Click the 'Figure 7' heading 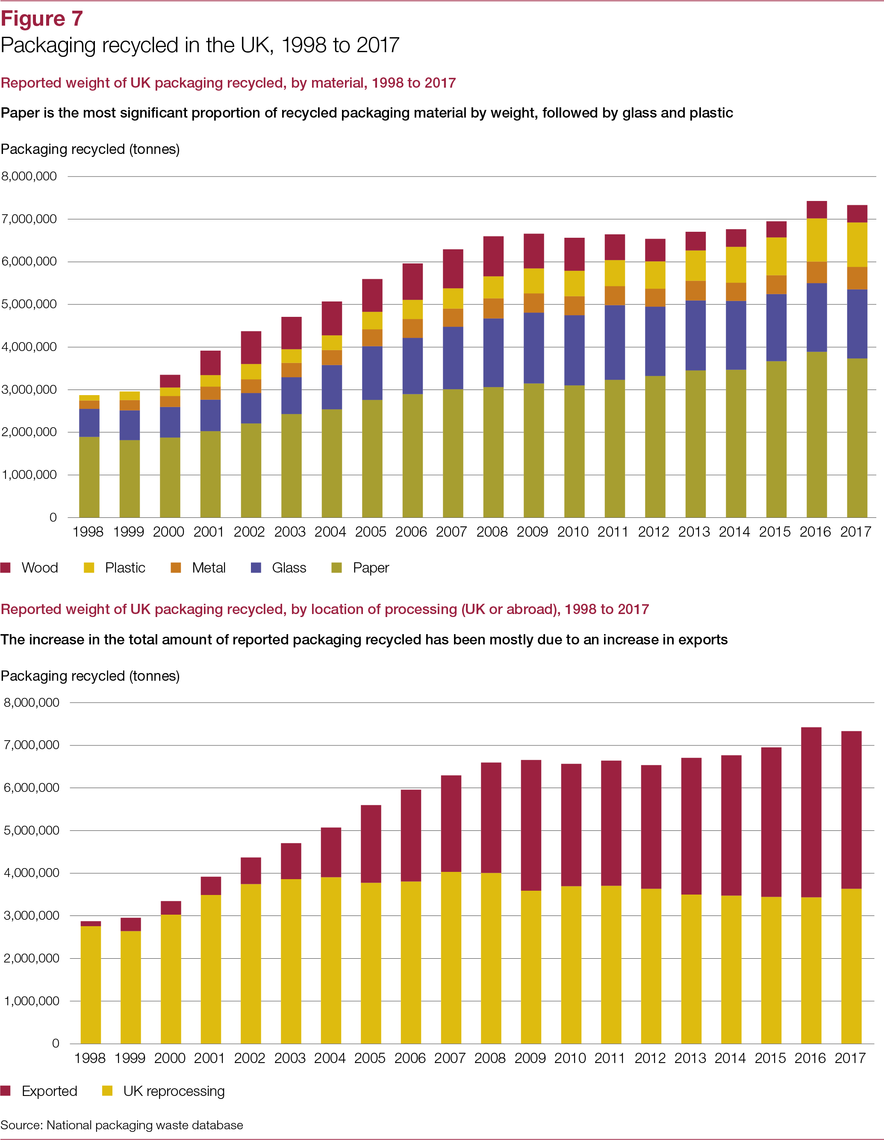point(42,19)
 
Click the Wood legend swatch point(6,567)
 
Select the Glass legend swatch point(256,567)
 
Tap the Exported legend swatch point(6,1090)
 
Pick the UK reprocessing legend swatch point(107,1090)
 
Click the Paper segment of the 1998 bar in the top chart point(89,477)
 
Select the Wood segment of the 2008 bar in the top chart point(493,256)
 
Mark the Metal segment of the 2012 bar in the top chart point(655,298)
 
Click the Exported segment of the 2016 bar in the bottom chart point(811,812)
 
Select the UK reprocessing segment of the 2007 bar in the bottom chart point(451,957)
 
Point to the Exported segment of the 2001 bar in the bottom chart point(211,886)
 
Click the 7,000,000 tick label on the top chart point(29,219)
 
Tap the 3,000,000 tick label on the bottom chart point(31,915)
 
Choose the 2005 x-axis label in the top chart point(371,532)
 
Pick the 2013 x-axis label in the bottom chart point(690,1058)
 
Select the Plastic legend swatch point(89,567)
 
